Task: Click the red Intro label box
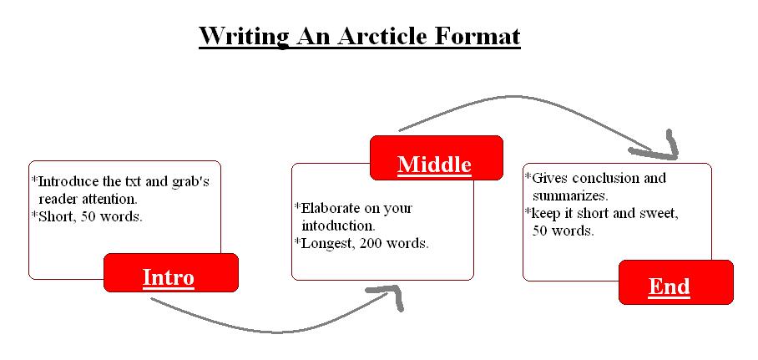pyautogui.click(x=170, y=273)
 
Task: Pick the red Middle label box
pyautogui.click(x=435, y=158)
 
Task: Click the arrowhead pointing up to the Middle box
pyautogui.click(x=391, y=295)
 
